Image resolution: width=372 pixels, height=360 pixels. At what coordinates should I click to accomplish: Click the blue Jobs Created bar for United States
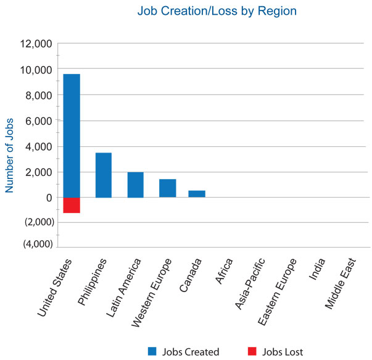(72, 136)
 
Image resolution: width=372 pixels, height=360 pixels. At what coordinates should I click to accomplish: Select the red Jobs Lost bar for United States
(72, 205)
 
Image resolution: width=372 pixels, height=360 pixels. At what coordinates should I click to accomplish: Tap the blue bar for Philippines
(104, 175)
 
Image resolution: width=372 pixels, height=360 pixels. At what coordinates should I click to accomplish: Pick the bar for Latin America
(135, 185)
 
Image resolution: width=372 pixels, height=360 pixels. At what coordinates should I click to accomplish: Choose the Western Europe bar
(167, 188)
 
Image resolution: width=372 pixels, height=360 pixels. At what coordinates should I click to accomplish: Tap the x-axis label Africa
(223, 272)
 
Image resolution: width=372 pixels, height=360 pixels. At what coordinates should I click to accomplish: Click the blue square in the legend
(152, 351)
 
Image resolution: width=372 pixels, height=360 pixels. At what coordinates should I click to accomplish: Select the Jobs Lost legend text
(283, 351)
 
